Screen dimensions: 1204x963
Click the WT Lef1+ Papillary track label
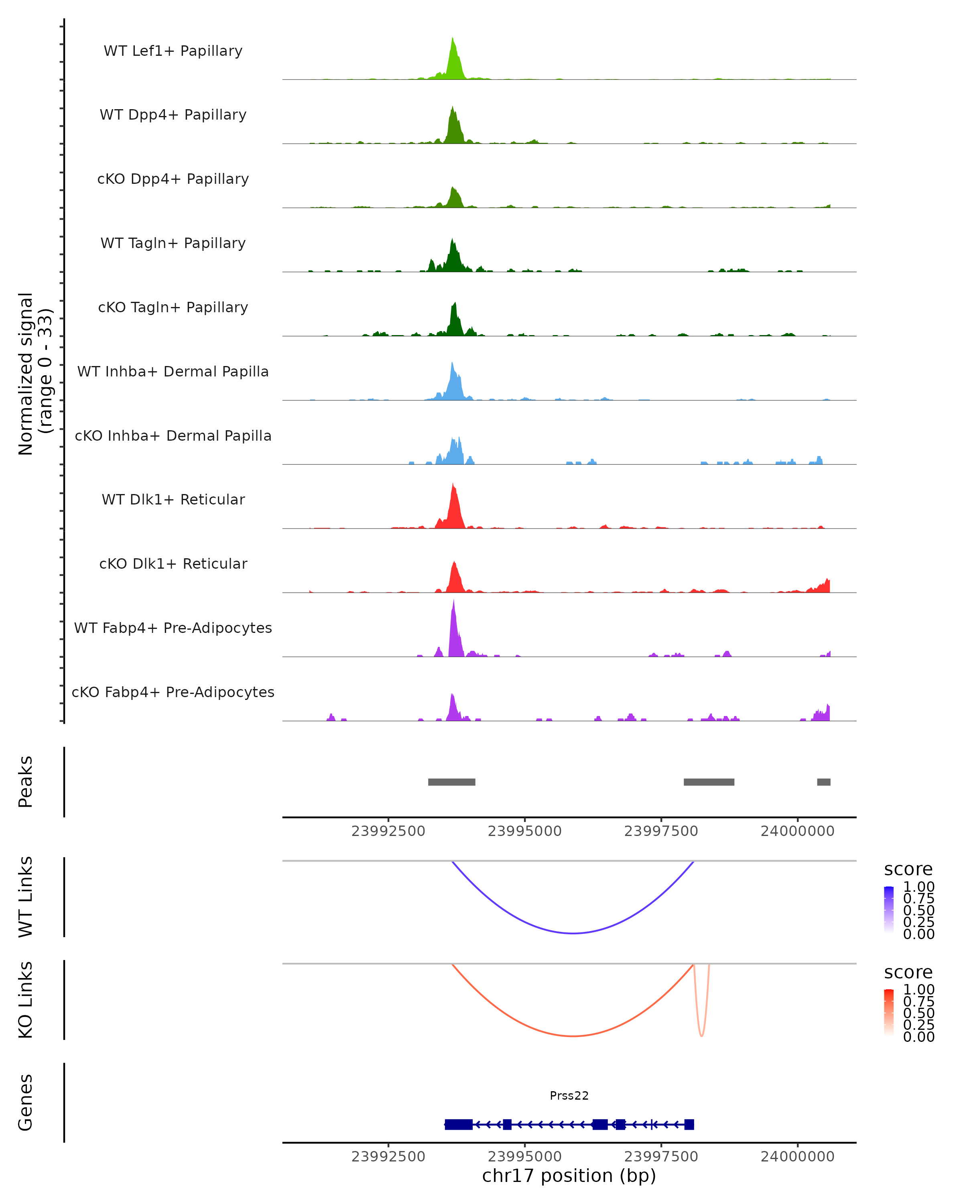[x=173, y=51]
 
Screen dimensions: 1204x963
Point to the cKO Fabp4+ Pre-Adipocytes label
[x=173, y=692]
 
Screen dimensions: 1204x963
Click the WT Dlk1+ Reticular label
[x=173, y=499]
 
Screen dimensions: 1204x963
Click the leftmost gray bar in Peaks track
[x=452, y=782]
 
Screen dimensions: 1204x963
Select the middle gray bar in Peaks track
[x=709, y=782]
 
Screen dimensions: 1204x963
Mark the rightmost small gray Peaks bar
[x=823, y=782]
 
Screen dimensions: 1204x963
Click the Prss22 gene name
[x=569, y=1095]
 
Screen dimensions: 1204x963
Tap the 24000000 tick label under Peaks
[x=797, y=831]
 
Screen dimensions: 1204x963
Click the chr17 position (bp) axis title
[x=569, y=1176]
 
